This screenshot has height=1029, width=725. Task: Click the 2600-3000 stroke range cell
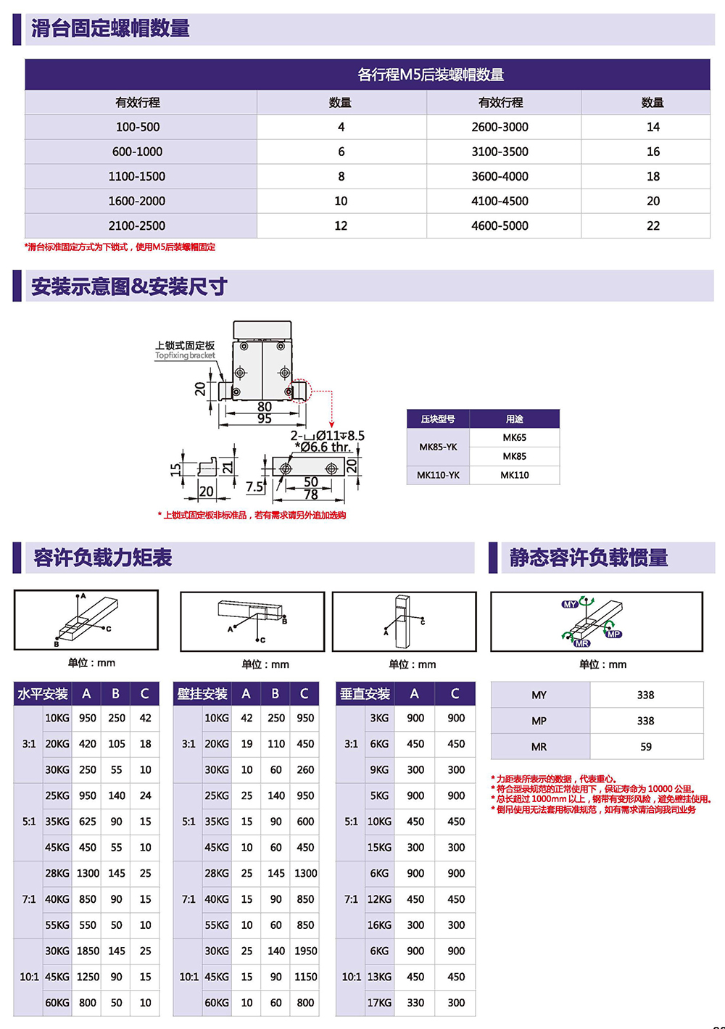point(500,127)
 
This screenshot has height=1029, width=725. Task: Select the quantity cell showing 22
point(652,226)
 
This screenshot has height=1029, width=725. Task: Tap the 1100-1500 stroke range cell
point(137,176)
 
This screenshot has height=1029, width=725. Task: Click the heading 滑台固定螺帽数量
point(110,29)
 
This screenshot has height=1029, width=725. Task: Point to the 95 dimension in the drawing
point(265,419)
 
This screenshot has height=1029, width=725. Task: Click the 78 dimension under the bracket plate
point(310,495)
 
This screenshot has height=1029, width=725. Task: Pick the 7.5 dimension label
point(254,487)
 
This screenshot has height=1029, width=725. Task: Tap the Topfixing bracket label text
point(185,355)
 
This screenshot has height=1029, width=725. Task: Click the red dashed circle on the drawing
point(300,391)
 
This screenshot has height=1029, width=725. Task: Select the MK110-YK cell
point(438,475)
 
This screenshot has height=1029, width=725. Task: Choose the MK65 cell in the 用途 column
point(514,437)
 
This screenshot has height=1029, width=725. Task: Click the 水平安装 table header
point(43,694)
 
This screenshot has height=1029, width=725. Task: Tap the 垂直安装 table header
point(365,694)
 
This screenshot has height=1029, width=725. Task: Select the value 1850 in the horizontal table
point(88,951)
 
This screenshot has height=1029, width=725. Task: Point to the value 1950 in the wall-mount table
point(305,951)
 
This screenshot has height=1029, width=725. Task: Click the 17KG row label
point(379,1003)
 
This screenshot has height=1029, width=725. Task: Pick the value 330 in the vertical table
point(415,1003)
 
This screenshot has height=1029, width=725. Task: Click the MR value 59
point(645,747)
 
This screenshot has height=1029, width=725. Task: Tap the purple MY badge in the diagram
point(570,604)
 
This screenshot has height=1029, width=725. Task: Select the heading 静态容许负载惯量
point(588,558)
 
